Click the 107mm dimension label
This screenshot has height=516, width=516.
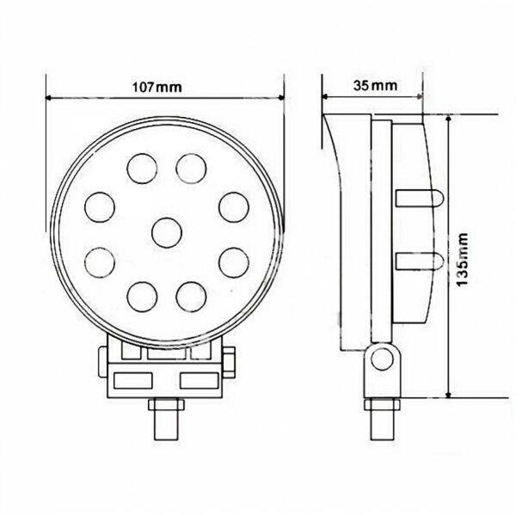click(x=157, y=87)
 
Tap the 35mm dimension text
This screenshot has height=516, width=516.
click(x=376, y=85)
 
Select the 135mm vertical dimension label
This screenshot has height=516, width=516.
click(x=463, y=260)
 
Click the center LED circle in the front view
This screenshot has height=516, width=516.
click(x=167, y=233)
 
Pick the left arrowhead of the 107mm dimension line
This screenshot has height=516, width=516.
click(x=49, y=98)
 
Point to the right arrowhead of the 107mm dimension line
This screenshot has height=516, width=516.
click(x=281, y=97)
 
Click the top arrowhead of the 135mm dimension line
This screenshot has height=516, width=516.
click(x=448, y=119)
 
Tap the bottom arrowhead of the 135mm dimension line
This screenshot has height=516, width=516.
click(x=448, y=394)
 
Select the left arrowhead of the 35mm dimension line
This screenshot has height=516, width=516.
click(x=325, y=96)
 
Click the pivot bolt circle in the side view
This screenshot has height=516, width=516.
click(x=382, y=359)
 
